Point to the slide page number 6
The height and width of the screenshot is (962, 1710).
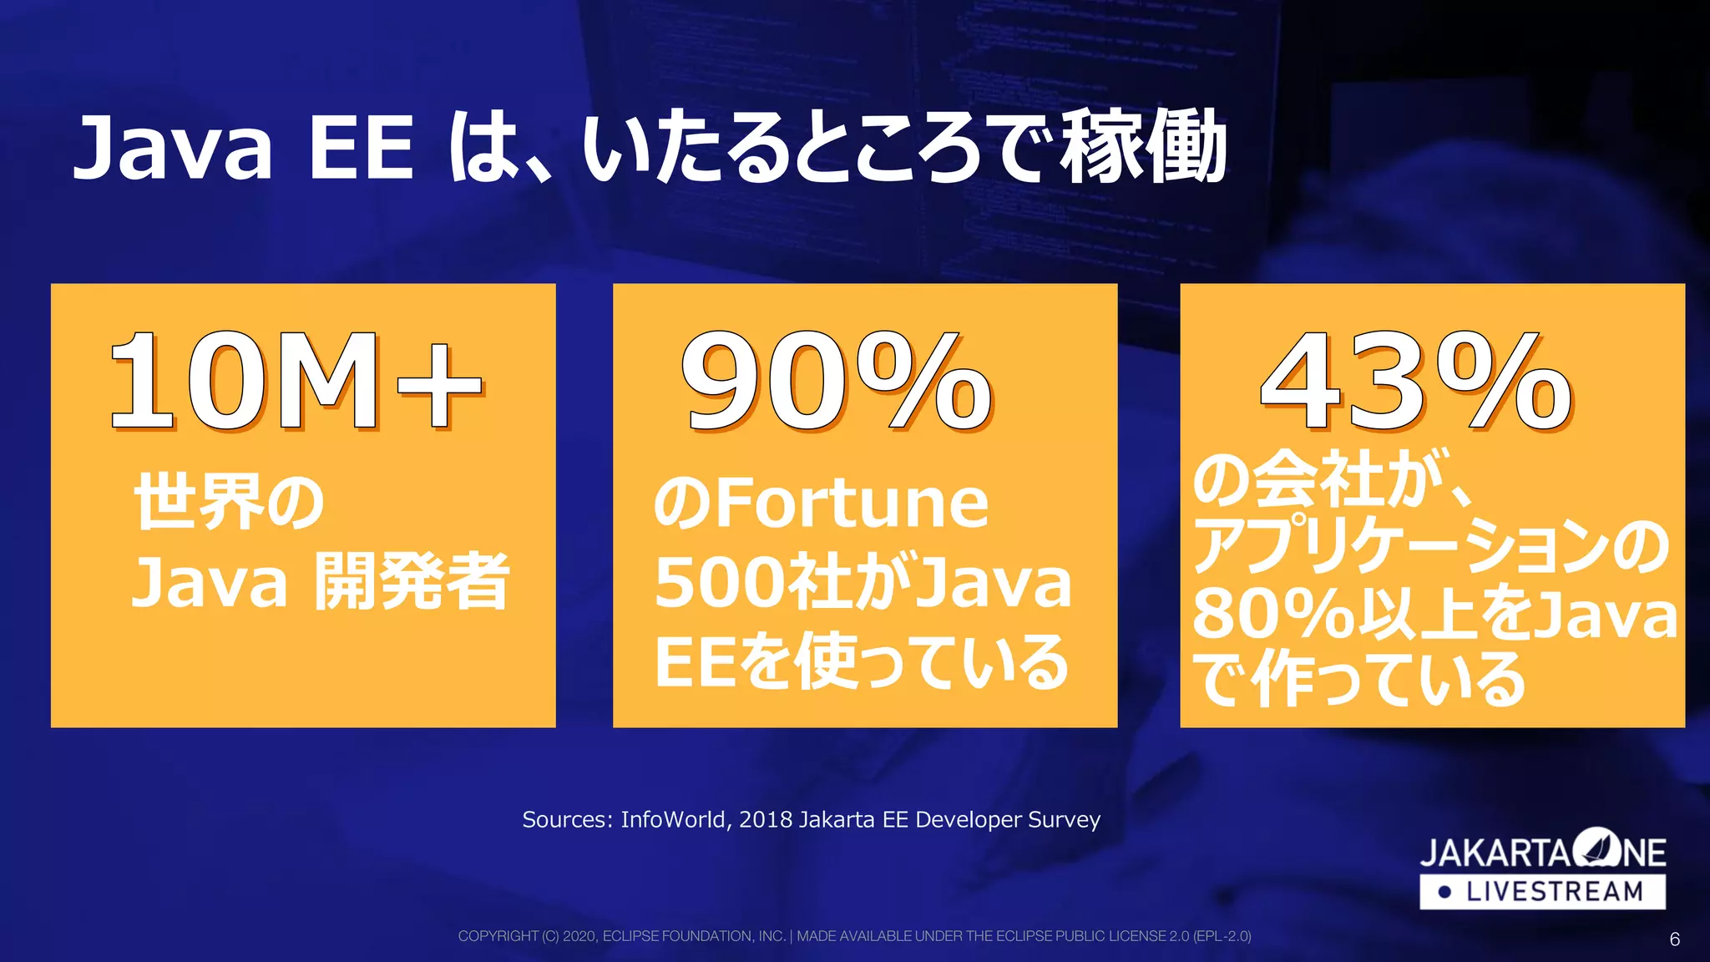pyautogui.click(x=1674, y=939)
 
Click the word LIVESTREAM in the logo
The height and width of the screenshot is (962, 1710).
pyautogui.click(x=1555, y=892)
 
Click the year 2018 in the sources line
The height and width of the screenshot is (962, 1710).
pyautogui.click(x=766, y=820)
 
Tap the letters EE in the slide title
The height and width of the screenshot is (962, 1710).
pyautogui.click(x=361, y=149)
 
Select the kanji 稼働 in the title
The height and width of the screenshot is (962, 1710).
pyautogui.click(x=1144, y=149)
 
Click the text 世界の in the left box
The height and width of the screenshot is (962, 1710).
pyautogui.click(x=229, y=502)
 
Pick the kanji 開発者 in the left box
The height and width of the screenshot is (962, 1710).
pyautogui.click(x=412, y=582)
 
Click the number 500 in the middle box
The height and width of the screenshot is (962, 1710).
pyautogui.click(x=719, y=583)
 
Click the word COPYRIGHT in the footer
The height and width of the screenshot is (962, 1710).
pyautogui.click(x=498, y=936)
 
